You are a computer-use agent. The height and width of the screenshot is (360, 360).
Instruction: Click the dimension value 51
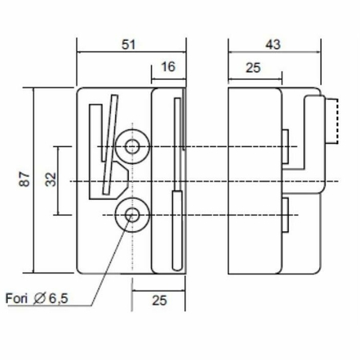pos(129,45)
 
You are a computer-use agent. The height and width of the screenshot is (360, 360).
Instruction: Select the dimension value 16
pos(168,66)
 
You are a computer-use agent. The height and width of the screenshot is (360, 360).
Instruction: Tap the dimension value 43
pos(273,45)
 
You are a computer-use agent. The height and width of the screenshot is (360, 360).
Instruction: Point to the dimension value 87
pos(25,179)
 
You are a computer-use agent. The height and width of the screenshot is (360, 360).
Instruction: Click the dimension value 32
pos(50,179)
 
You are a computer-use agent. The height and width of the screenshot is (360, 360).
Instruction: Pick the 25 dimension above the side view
pos(253,68)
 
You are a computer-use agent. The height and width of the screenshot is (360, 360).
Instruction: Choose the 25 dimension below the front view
pos(159,300)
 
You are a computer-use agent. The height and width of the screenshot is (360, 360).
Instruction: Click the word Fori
pos(16,298)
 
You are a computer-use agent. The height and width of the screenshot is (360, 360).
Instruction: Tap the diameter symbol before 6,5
pos(40,298)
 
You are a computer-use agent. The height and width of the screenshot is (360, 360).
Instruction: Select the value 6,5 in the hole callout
pos(58,298)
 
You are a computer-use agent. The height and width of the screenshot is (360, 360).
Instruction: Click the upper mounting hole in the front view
pos(132,146)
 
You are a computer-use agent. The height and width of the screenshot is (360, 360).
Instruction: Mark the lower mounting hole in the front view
pos(132,215)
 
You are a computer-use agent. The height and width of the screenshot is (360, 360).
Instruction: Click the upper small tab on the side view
pos(286,146)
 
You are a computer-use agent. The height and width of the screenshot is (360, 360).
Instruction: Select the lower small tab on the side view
pos(286,215)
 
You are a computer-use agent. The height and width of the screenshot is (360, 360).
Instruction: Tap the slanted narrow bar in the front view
pos(110,144)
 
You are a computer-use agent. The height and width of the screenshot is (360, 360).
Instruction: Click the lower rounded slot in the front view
pos(178,230)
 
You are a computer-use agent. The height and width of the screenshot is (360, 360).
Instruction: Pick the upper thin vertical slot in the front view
pos(178,144)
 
